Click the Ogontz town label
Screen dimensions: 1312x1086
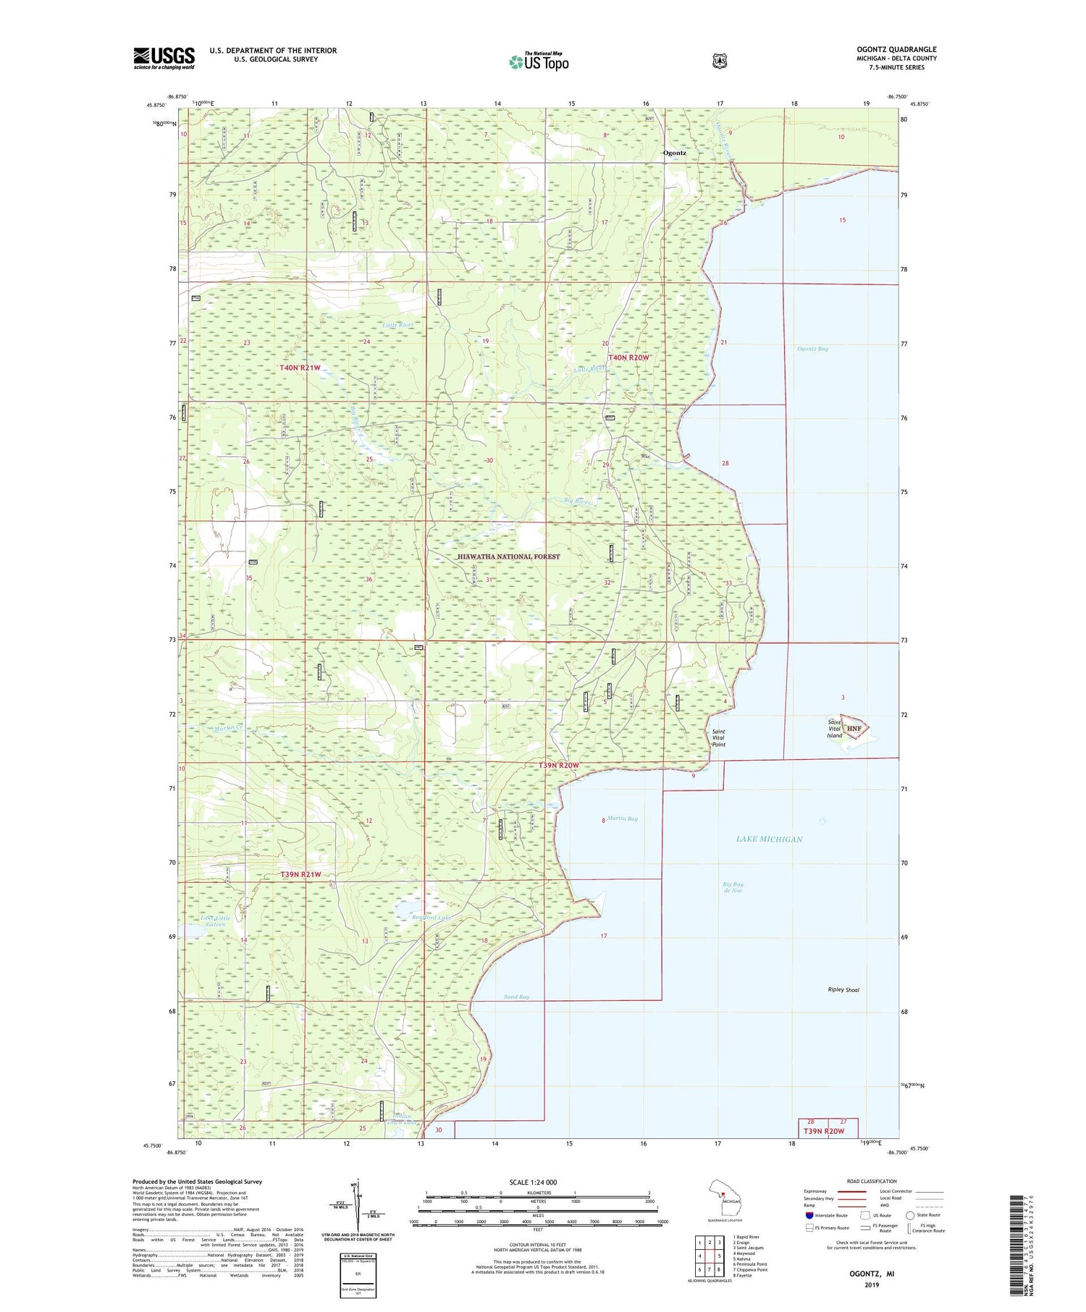pyautogui.click(x=675, y=153)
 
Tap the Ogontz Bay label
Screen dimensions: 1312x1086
pyautogui.click(x=812, y=349)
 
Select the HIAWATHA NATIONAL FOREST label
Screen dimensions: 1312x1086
pyautogui.click(x=509, y=556)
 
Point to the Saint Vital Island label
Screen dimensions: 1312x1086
pyautogui.click(x=835, y=729)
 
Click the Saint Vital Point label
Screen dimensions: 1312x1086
pyautogui.click(x=718, y=737)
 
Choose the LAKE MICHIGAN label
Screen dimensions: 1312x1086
pyautogui.click(x=769, y=839)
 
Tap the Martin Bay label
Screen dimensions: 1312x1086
pyautogui.click(x=623, y=818)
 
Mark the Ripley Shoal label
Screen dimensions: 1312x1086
pyautogui.click(x=843, y=989)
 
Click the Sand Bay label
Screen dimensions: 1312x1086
pyautogui.click(x=516, y=996)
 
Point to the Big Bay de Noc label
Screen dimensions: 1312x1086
pyautogui.click(x=733, y=887)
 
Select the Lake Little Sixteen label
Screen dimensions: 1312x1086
pyautogui.click(x=216, y=921)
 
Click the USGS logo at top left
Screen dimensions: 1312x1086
pyautogui.click(x=164, y=58)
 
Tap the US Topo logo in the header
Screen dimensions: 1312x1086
pyautogui.click(x=539, y=62)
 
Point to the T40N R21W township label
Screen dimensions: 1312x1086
pyautogui.click(x=300, y=368)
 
